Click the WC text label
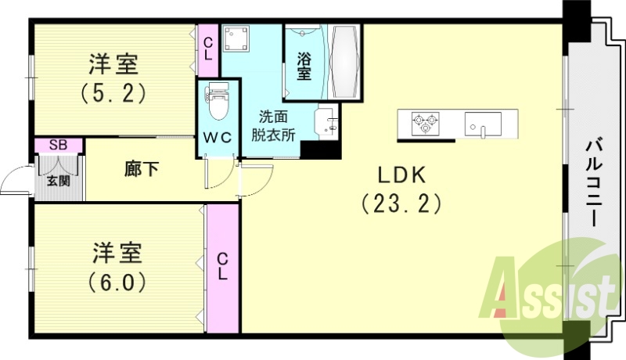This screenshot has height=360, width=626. (x=216, y=136)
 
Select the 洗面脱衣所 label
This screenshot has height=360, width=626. (x=273, y=125)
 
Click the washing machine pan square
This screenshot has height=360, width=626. (x=236, y=38)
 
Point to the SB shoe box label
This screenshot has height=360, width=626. (x=57, y=145)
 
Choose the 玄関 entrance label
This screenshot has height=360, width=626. (x=57, y=181)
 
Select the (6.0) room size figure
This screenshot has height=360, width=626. (x=118, y=278)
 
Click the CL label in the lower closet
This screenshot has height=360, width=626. (x=222, y=266)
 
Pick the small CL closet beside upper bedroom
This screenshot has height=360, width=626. (x=208, y=50)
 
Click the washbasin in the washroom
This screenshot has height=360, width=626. (x=327, y=124)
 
